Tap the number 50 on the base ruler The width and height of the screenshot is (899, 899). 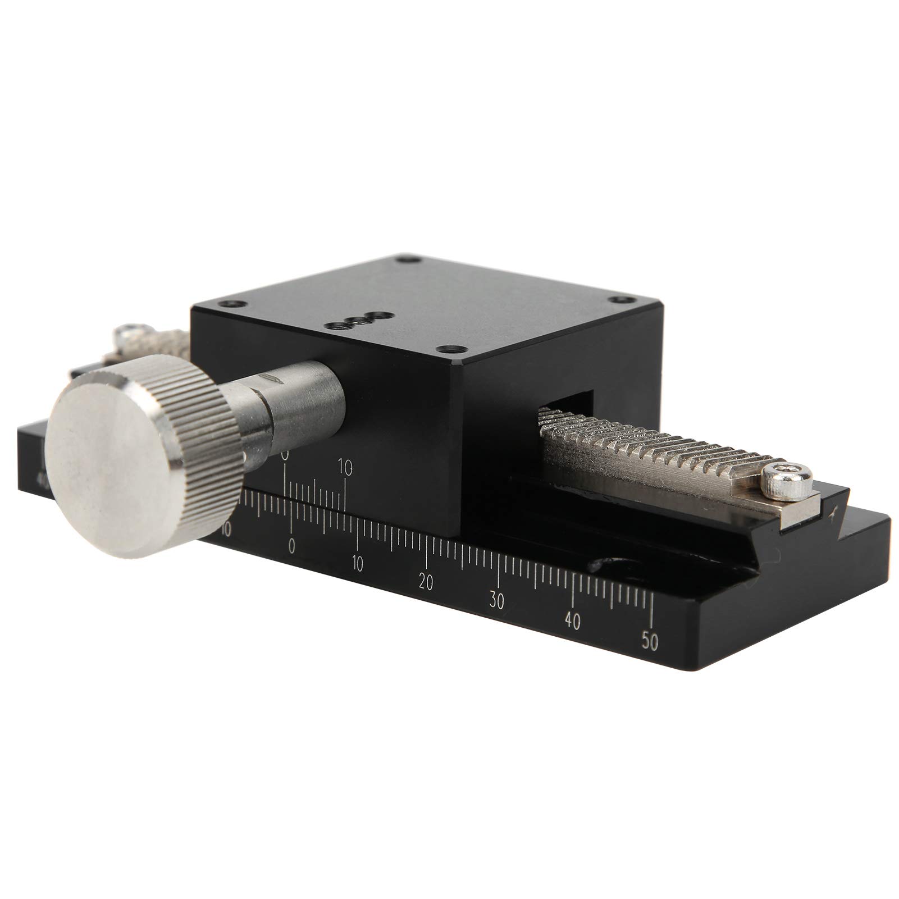click(x=650, y=641)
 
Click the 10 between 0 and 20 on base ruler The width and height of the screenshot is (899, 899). click(x=357, y=564)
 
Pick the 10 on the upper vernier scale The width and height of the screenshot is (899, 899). click(x=346, y=467)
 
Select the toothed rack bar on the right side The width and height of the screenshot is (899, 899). click(x=646, y=449)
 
